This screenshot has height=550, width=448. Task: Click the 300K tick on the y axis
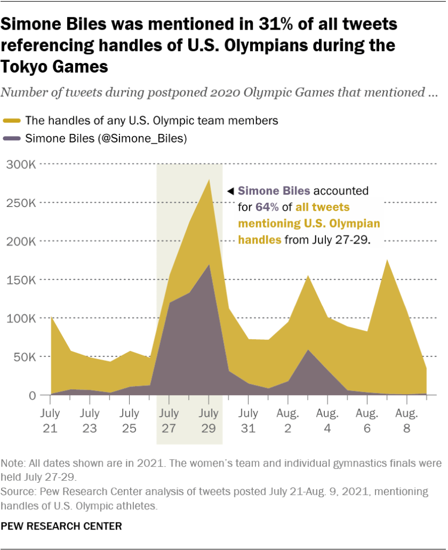(21, 164)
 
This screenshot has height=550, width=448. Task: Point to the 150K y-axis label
(21, 280)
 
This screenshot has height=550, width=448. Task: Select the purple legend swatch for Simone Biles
(11, 139)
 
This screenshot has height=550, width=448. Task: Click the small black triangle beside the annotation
(230, 191)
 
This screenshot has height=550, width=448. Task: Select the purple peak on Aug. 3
(307, 351)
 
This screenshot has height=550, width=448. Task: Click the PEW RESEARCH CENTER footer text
(61, 525)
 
